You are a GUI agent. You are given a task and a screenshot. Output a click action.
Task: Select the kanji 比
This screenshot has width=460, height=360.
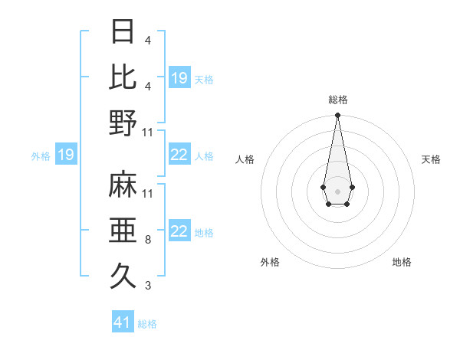tap(123, 77)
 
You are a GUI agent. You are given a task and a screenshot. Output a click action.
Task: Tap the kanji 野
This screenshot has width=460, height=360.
tap(123, 122)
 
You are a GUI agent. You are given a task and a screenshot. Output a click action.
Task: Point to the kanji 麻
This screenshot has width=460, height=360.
tap(123, 184)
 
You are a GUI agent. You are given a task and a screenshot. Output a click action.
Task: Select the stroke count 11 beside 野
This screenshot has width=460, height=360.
tap(148, 133)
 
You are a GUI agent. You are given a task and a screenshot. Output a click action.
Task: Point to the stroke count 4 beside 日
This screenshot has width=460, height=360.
tap(147, 40)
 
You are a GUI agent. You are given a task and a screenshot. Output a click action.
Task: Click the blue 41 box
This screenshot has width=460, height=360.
tap(123, 322)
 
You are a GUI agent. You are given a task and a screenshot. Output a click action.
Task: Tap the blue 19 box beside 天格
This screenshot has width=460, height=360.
tap(179, 77)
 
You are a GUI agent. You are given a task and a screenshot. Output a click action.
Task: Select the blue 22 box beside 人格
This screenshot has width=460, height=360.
tap(179, 155)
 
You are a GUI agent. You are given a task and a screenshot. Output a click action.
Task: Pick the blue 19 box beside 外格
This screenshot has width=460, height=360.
tap(66, 155)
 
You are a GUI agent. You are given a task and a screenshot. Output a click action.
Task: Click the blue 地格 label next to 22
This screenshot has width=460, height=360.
tap(204, 232)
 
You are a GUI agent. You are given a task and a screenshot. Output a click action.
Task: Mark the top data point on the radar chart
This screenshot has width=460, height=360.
tap(337, 116)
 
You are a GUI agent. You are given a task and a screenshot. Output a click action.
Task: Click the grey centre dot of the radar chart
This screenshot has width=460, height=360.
tap(337, 190)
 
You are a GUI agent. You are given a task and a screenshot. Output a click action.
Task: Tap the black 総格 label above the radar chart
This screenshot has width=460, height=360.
tap(337, 100)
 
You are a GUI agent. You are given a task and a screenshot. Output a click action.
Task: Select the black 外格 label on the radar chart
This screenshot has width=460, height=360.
tap(270, 262)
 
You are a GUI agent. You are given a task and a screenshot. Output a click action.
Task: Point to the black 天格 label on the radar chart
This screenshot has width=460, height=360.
tap(431, 159)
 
